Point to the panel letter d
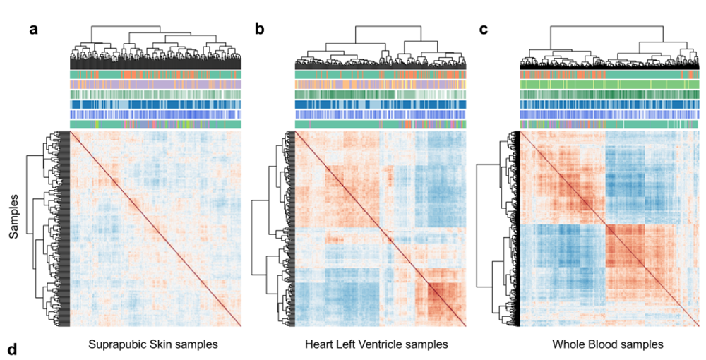point(12,349)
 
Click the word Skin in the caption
point(157,345)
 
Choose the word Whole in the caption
point(568,345)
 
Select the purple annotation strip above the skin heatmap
point(155,85)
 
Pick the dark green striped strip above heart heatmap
point(380,95)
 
